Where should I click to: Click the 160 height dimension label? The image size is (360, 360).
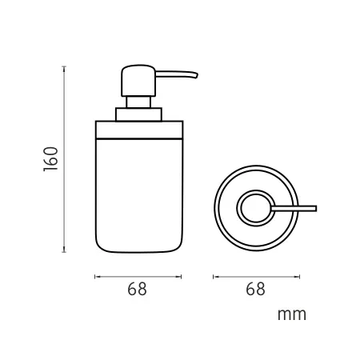[x=50, y=159]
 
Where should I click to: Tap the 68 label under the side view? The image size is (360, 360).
[x=137, y=289]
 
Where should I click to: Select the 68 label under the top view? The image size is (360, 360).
[x=255, y=289]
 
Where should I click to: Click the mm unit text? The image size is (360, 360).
[x=292, y=314]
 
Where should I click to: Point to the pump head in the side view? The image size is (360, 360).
[x=138, y=81]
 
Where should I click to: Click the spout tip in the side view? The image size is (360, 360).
[x=197, y=76]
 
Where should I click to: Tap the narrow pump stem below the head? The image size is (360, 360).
[x=138, y=102]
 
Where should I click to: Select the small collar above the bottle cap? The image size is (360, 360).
[x=138, y=114]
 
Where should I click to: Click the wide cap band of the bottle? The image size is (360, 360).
[x=139, y=130]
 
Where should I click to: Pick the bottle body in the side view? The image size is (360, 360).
[x=139, y=195]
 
